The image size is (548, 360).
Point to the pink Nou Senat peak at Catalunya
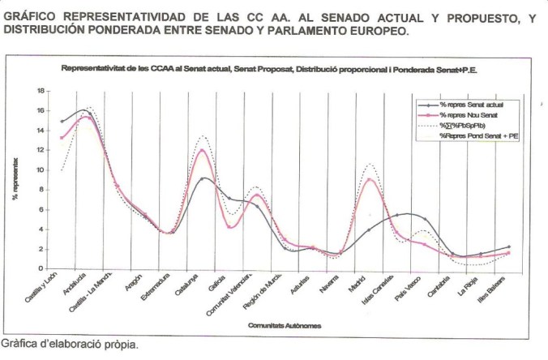[202, 150]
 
